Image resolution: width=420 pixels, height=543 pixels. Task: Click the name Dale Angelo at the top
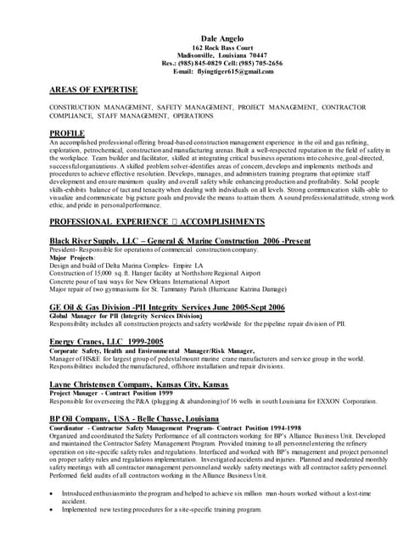[221, 40]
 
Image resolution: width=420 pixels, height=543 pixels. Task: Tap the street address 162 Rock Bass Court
[222, 48]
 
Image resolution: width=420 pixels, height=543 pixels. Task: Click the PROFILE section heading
[67, 133]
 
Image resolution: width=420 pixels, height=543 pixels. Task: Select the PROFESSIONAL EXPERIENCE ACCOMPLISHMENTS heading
[157, 221]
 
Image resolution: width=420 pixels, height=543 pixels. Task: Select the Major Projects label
[72, 257]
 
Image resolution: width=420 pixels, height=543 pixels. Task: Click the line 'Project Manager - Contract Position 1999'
[111, 393]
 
